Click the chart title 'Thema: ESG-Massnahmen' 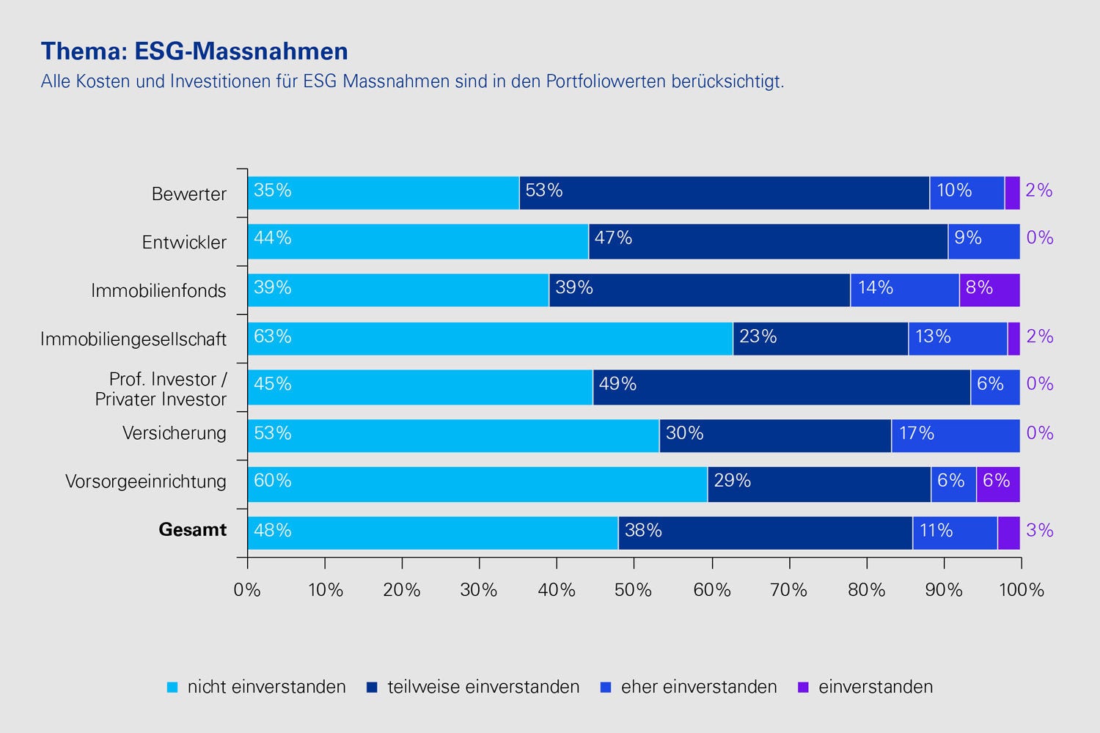[x=194, y=51]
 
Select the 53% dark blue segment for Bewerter [x=724, y=193]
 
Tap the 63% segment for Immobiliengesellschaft [x=490, y=339]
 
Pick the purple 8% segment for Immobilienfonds [x=989, y=290]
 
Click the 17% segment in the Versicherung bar [x=956, y=435]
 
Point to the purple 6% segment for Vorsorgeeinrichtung [x=997, y=484]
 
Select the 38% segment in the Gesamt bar [x=765, y=533]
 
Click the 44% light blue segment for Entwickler [x=418, y=241]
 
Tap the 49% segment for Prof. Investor [x=781, y=387]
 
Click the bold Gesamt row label [x=193, y=530]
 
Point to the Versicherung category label [x=175, y=433]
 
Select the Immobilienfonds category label [x=158, y=291]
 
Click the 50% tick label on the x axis [x=634, y=590]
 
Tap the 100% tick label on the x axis [x=1021, y=590]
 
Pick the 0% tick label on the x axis [x=247, y=590]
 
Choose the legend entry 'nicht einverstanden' [x=257, y=687]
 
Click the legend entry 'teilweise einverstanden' [x=474, y=687]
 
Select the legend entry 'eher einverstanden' [x=689, y=687]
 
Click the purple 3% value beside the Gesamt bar [x=1039, y=531]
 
